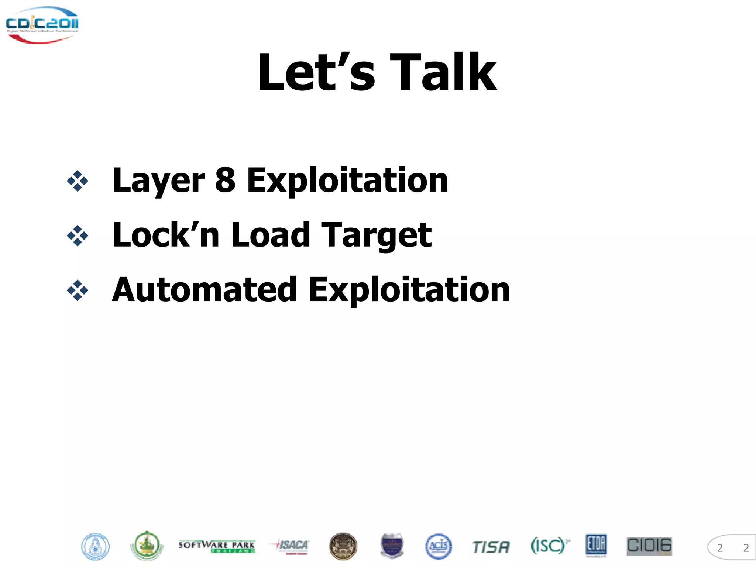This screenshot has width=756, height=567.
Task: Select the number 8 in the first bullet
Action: pyautogui.click(x=225, y=180)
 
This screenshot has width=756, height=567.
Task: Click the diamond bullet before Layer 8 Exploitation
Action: pyautogui.click(x=78, y=181)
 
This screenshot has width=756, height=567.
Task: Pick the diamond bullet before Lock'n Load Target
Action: pyautogui.click(x=78, y=236)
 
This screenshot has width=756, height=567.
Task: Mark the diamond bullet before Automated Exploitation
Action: pyautogui.click(x=78, y=291)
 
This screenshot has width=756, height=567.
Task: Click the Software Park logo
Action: pyautogui.click(x=217, y=546)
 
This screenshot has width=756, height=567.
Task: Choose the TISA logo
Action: pyautogui.click(x=491, y=547)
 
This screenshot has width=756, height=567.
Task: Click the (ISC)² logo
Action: pyautogui.click(x=549, y=546)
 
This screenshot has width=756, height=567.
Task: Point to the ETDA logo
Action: pyautogui.click(x=596, y=545)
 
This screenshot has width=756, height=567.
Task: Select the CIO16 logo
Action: pyautogui.click(x=649, y=546)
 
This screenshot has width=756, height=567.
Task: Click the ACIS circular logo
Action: pyautogui.click(x=438, y=546)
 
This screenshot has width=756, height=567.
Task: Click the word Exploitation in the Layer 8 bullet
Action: pyautogui.click(x=347, y=180)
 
